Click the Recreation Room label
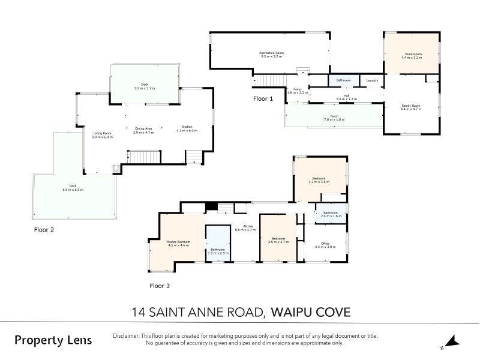(x=271, y=53)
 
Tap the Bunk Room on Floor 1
(x=413, y=55)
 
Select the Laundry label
(x=372, y=80)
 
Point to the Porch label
(x=334, y=116)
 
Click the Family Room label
(x=411, y=106)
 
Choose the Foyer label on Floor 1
(x=298, y=89)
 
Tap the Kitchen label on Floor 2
(x=187, y=127)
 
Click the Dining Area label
(x=143, y=128)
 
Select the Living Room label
(x=102, y=133)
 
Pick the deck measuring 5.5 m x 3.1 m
(x=144, y=85)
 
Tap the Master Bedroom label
(x=178, y=242)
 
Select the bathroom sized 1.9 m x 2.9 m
(x=217, y=250)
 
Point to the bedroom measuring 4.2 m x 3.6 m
(x=319, y=178)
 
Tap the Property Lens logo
(x=53, y=340)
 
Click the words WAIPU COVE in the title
(x=310, y=312)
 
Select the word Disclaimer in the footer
(x=126, y=336)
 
